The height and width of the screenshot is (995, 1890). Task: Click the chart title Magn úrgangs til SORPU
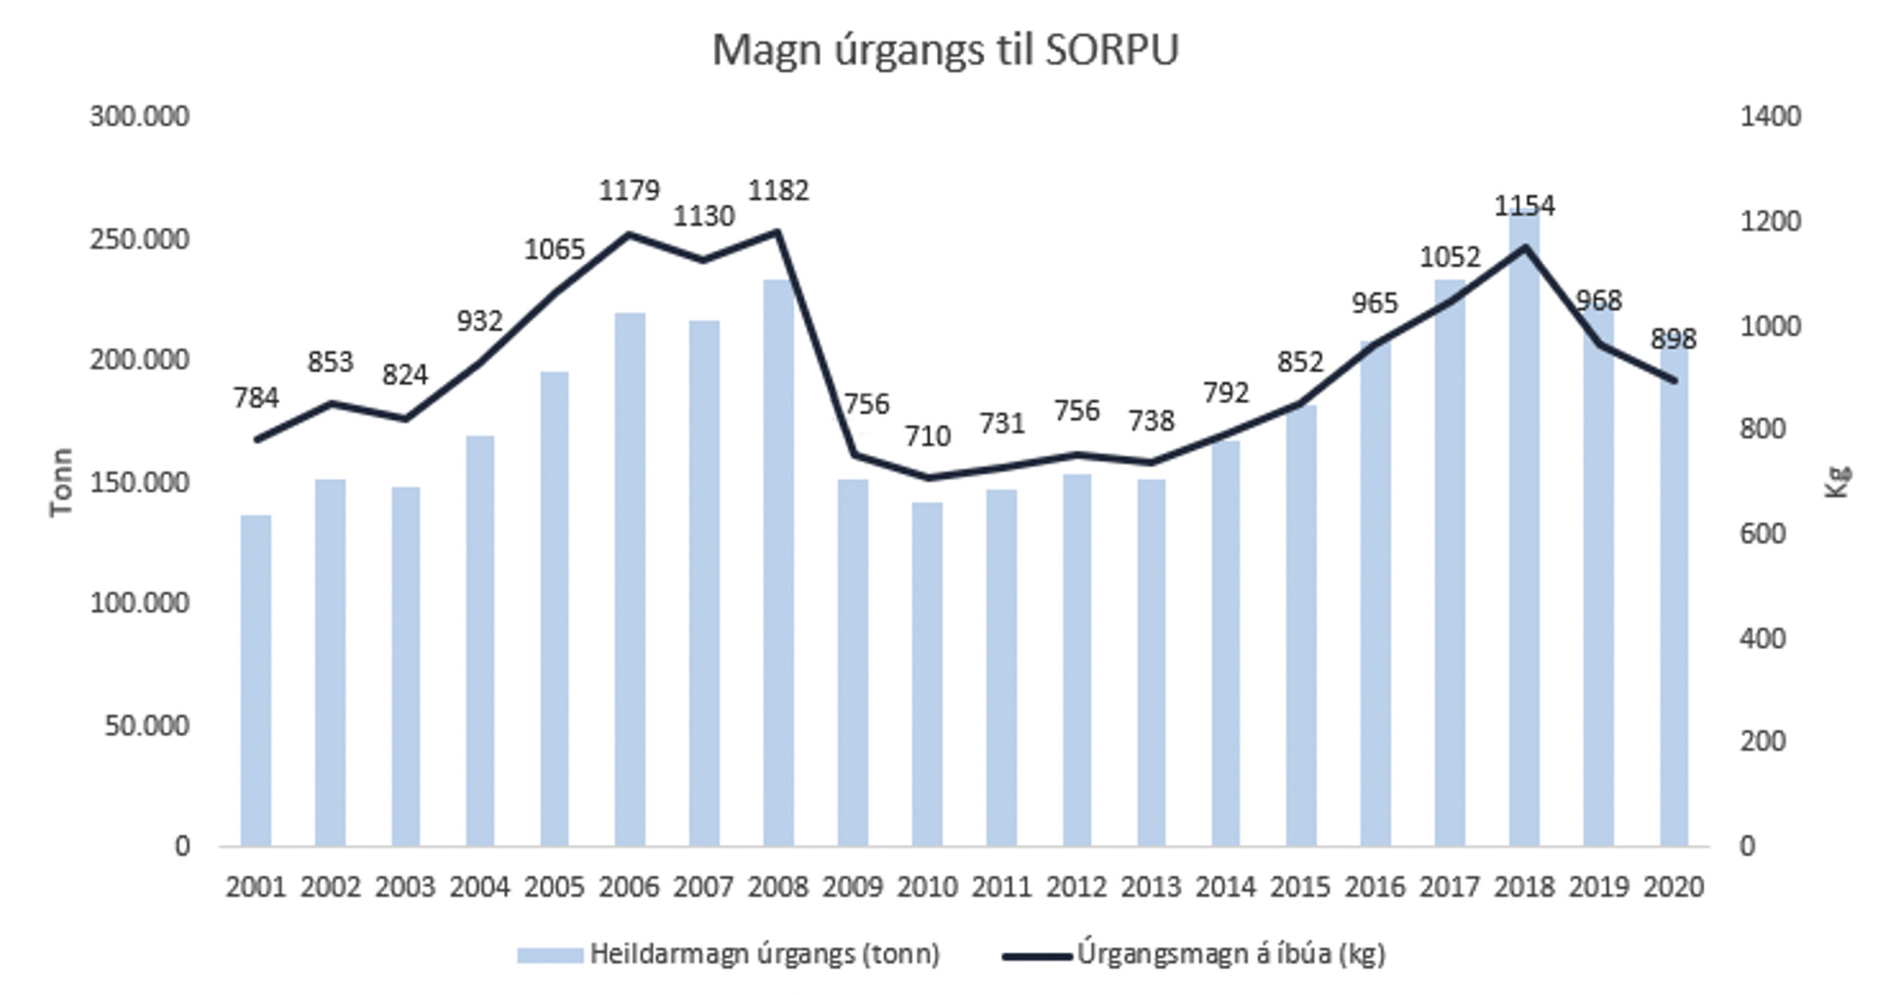pos(945,50)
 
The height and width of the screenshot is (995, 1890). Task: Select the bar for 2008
pos(779,561)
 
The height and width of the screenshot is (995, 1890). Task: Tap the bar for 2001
pos(255,679)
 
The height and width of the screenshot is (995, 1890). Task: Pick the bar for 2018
pos(1525,531)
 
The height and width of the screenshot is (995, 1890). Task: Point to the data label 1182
pos(779,190)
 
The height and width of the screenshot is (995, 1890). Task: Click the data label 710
pos(927,436)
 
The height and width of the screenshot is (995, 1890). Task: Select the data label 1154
pos(1525,205)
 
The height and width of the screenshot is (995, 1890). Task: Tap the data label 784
pos(256,398)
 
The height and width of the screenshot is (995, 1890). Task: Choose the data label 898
pos(1674,339)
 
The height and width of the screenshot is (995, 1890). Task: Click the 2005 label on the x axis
pos(554,886)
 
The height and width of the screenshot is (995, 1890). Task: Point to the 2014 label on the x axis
pos(1226,886)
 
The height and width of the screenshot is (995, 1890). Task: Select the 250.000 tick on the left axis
pos(139,240)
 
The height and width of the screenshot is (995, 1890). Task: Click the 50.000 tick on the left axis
pos(146,726)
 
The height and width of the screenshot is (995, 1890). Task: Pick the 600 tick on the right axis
pos(1762,534)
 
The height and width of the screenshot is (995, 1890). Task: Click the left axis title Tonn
pos(62,482)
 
